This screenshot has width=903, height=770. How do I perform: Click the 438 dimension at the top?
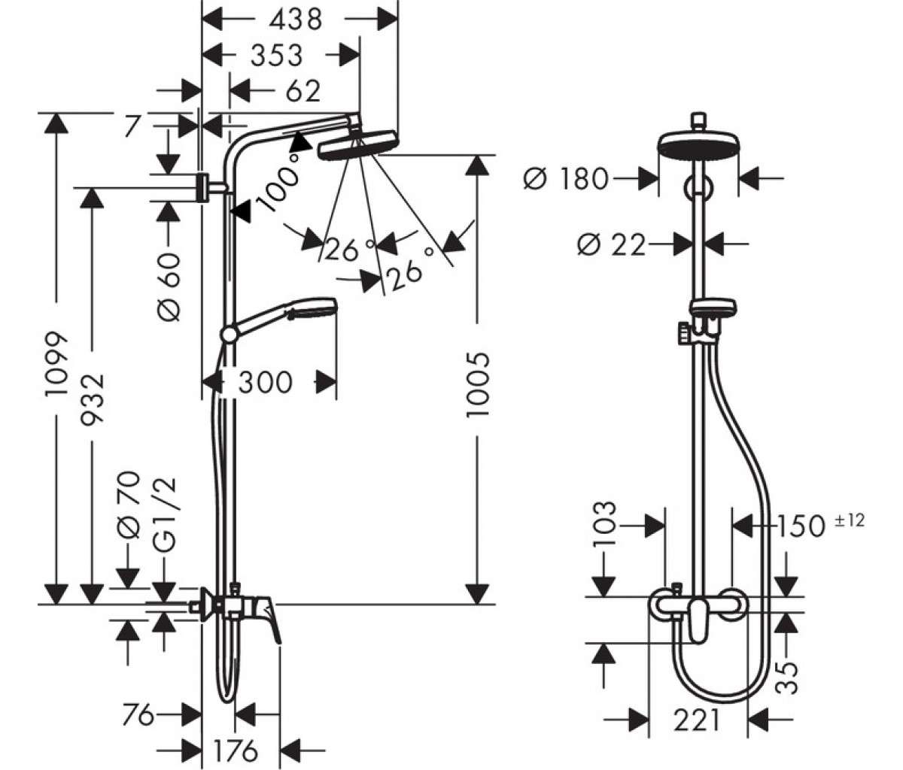[x=296, y=20]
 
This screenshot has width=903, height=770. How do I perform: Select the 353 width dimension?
[x=276, y=56]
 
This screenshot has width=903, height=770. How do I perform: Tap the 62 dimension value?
[x=303, y=91]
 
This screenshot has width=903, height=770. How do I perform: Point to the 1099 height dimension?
[x=56, y=364]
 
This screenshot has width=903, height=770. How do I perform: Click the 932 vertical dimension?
[x=93, y=399]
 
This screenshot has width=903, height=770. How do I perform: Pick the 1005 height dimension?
[x=478, y=385]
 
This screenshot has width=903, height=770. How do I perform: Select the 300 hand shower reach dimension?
[x=265, y=383]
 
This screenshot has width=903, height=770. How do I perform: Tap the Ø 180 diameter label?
[x=566, y=178]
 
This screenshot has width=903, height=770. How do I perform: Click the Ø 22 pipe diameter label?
[x=611, y=244]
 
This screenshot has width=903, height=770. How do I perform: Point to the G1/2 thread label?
[x=164, y=514]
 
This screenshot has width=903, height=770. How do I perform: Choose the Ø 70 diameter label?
[x=129, y=505]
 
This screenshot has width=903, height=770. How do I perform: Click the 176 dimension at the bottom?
[x=236, y=750]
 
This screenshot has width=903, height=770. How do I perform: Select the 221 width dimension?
[x=697, y=720]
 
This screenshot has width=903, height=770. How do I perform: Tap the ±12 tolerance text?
[x=850, y=520]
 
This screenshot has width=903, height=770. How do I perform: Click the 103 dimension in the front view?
[x=604, y=523]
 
